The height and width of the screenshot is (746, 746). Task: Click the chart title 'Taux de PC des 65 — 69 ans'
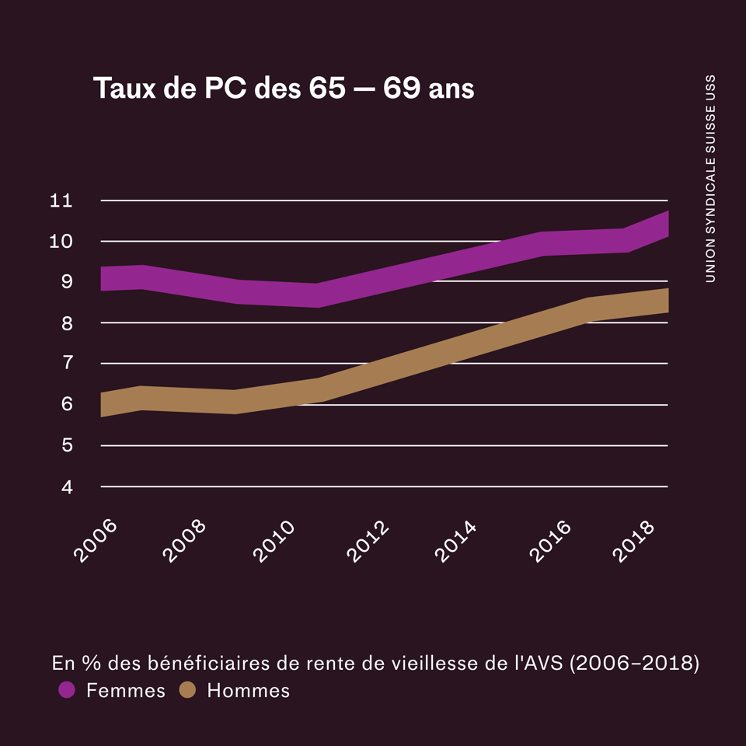tap(284, 89)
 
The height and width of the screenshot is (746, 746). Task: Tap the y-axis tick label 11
tap(61, 200)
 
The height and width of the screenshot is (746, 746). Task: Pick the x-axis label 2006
tap(95, 540)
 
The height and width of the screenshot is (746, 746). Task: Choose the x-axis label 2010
tap(274, 540)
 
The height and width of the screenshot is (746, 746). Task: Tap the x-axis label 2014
tap(455, 540)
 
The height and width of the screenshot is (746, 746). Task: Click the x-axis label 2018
tap(634, 540)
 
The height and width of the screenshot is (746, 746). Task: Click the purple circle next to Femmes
tap(67, 690)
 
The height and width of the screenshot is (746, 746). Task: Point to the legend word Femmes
tap(126, 690)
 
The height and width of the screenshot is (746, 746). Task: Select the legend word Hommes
tap(248, 690)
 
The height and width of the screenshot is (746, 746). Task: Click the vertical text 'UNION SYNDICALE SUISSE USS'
tap(710, 179)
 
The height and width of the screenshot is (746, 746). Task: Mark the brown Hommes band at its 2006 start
tap(104, 405)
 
